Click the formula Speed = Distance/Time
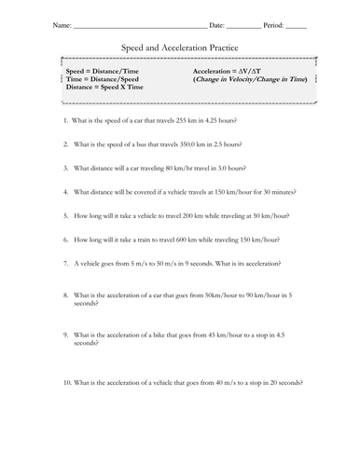(104, 72)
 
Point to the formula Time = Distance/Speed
(104, 80)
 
